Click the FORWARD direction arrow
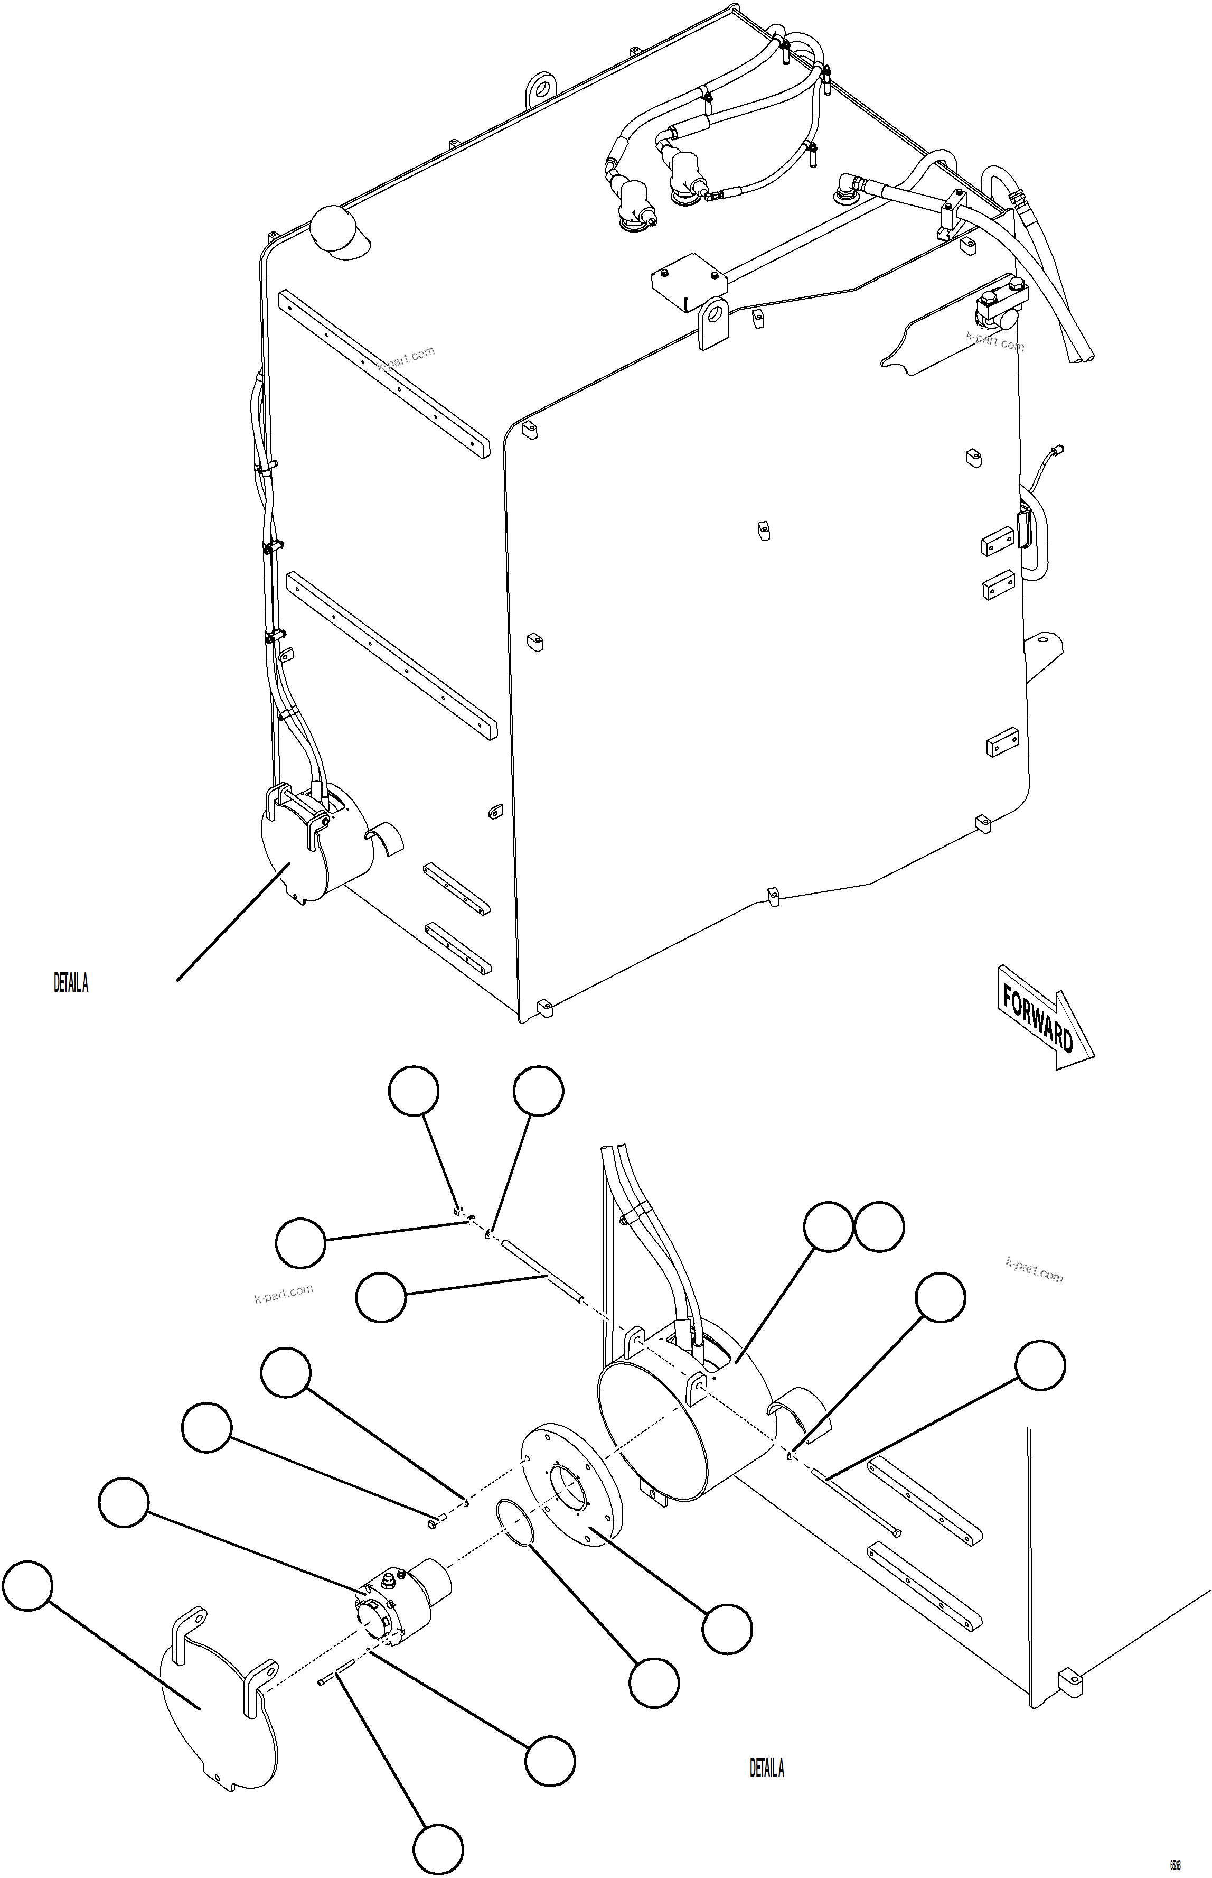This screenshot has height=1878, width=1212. point(1043,1017)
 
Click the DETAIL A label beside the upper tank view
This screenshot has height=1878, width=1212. point(71,983)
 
